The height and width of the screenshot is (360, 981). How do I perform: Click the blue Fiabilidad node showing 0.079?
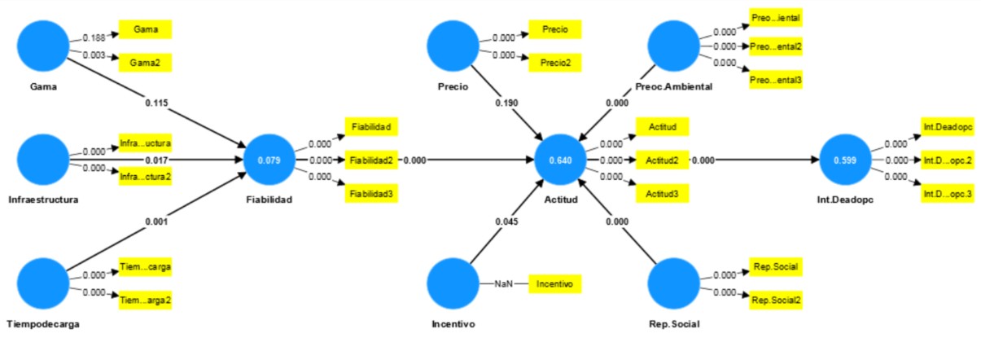click(269, 160)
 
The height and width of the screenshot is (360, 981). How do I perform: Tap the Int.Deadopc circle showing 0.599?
click(846, 160)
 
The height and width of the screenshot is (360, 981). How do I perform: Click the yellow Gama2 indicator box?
click(146, 62)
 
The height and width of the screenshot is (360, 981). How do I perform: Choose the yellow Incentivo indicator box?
click(555, 283)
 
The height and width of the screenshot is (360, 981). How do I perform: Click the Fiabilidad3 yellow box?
click(371, 193)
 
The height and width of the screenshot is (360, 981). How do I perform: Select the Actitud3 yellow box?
click(662, 193)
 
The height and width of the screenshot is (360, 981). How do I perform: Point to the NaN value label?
click(503, 283)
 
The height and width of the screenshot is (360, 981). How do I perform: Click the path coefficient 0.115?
click(157, 103)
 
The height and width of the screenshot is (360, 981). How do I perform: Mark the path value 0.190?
click(506, 103)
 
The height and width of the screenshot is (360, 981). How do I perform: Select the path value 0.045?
click(506, 220)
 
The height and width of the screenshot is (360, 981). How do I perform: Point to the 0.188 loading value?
click(94, 37)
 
